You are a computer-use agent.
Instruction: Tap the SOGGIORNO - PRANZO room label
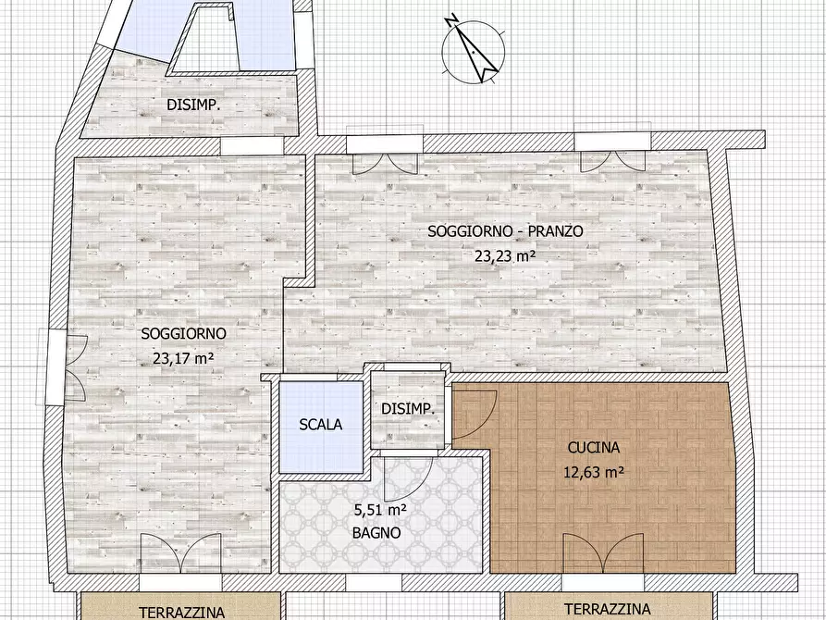(505, 232)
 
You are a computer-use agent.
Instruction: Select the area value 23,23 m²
(505, 257)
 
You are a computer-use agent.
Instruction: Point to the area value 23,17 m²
(183, 358)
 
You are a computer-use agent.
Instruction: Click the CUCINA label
(593, 448)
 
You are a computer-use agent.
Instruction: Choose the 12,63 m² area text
(593, 471)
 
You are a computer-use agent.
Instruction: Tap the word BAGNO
(376, 533)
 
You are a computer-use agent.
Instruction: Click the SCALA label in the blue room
(321, 425)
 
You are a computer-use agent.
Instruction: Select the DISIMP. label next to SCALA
(408, 409)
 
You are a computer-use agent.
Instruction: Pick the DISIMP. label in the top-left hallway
(193, 105)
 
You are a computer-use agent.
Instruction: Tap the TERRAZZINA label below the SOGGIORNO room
(182, 611)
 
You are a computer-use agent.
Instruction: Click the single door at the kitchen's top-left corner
(474, 412)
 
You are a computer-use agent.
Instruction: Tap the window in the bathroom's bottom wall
(373, 583)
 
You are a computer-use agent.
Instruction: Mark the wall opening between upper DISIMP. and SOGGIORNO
(252, 147)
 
